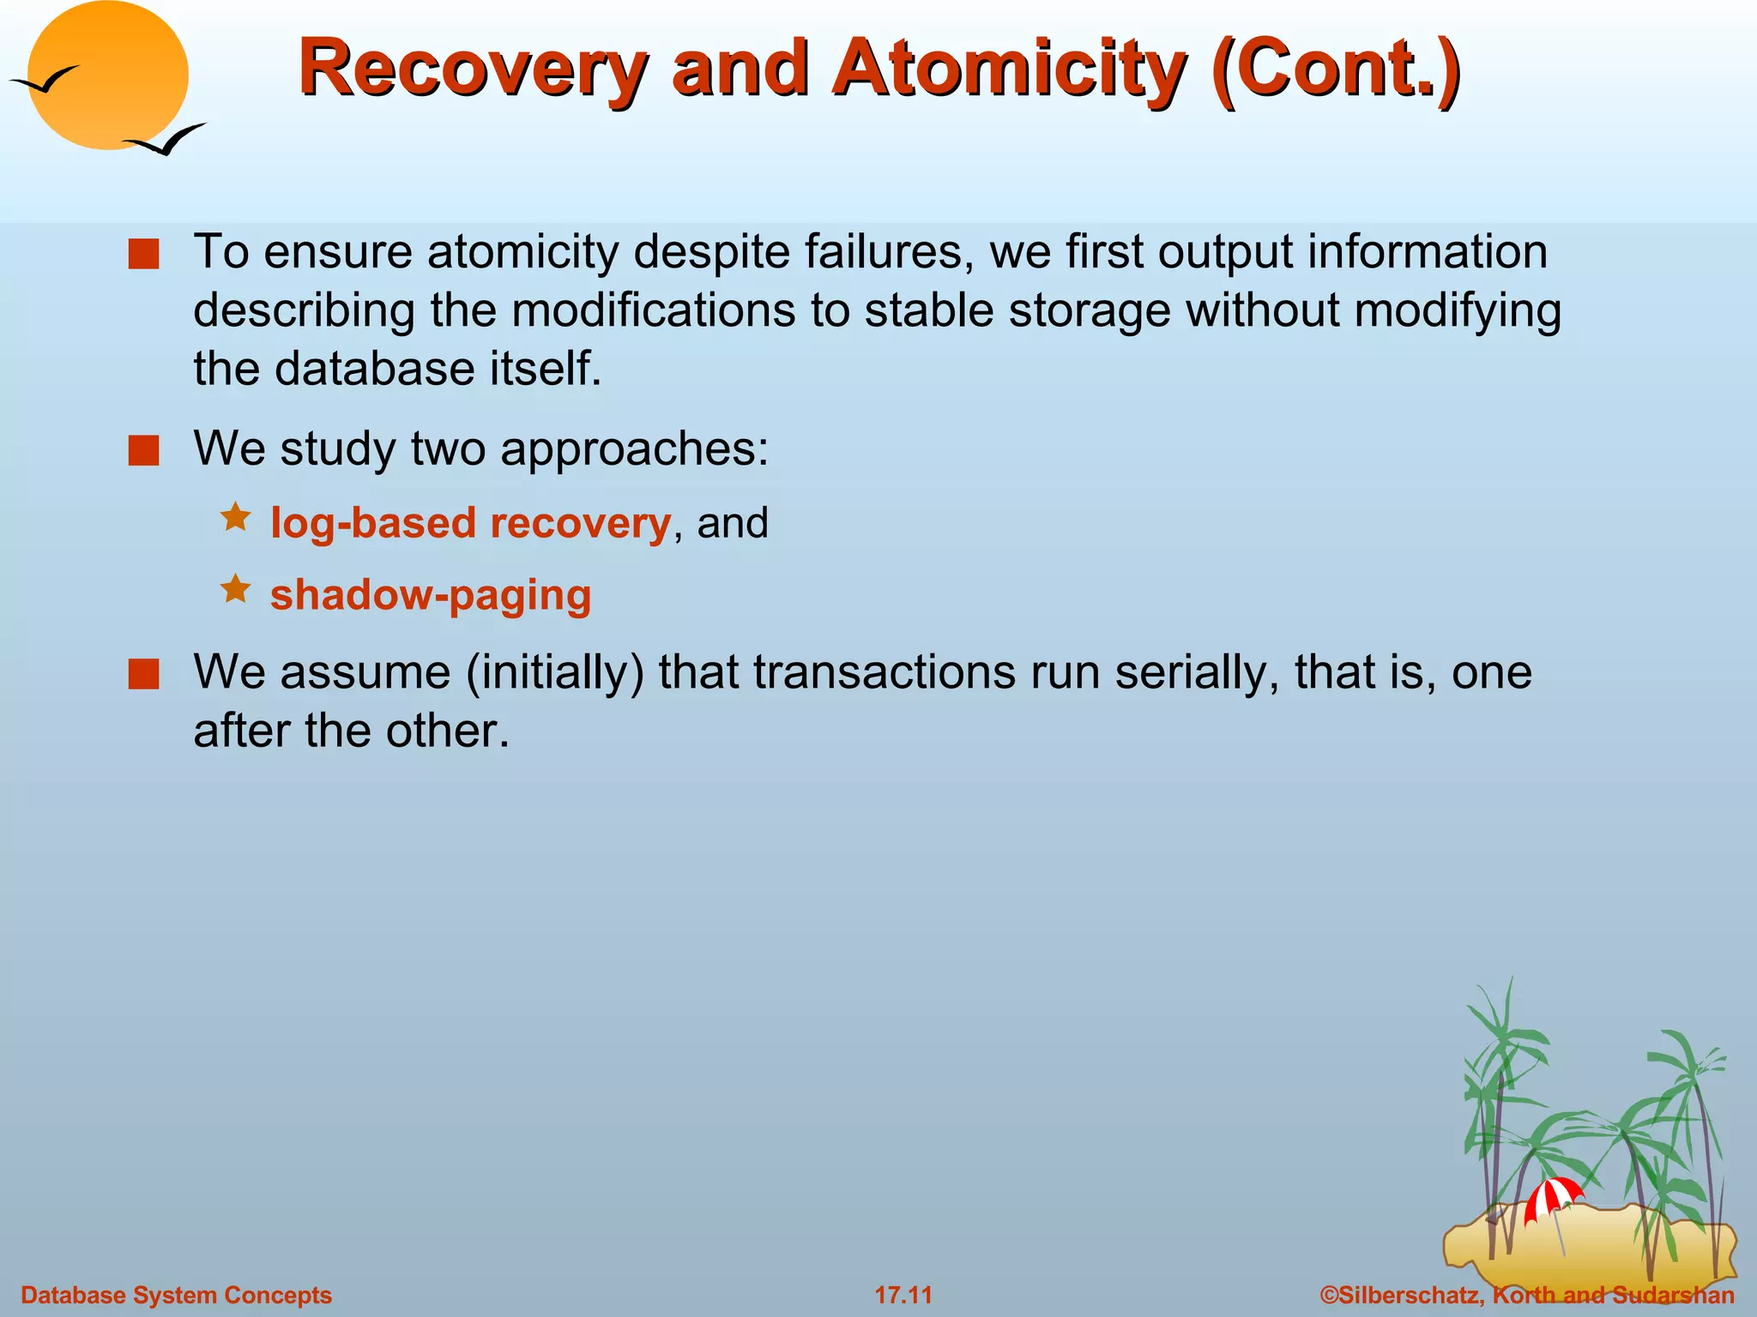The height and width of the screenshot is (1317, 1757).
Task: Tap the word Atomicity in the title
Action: [x=1009, y=69]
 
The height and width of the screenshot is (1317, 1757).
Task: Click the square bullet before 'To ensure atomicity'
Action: [x=143, y=255]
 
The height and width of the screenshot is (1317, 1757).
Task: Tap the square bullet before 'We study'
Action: [x=143, y=450]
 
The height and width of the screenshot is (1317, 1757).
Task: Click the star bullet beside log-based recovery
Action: [x=235, y=517]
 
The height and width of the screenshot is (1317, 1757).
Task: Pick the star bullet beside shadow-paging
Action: [x=235, y=589]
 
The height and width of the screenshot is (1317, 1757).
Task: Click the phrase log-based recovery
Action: [x=469, y=522]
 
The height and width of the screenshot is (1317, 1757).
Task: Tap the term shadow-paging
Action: [x=431, y=595]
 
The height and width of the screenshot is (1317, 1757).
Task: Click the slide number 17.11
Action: [x=903, y=1295]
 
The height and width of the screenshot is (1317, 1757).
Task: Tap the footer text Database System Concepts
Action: [x=176, y=1295]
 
